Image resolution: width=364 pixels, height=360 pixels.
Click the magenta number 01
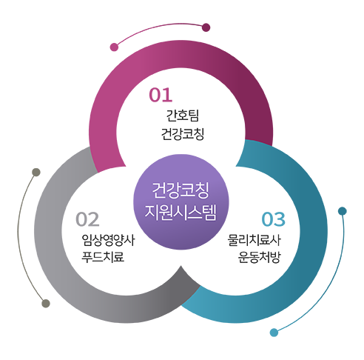click(161, 95)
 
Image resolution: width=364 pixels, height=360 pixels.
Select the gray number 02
click(87, 219)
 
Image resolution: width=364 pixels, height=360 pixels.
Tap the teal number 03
click(273, 219)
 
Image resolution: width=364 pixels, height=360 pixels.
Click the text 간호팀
click(183, 116)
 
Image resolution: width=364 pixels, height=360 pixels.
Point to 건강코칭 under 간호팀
click(183, 134)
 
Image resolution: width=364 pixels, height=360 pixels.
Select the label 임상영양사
click(108, 240)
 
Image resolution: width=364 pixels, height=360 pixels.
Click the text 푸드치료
click(103, 256)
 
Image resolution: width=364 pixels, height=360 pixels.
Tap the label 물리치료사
click(255, 240)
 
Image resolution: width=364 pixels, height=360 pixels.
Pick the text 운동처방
click(259, 257)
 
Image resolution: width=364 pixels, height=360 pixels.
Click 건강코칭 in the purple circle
click(181, 190)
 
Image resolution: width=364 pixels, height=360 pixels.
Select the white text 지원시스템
click(181, 212)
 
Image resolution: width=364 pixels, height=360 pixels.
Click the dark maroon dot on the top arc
click(206, 27)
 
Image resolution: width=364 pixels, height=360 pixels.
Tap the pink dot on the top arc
click(114, 47)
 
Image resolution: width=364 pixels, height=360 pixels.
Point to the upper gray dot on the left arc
click(36, 173)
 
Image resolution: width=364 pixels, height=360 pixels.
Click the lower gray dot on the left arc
click(46, 304)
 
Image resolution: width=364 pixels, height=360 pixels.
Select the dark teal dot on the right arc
click(343, 211)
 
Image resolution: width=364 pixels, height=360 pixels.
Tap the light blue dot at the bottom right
click(274, 333)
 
